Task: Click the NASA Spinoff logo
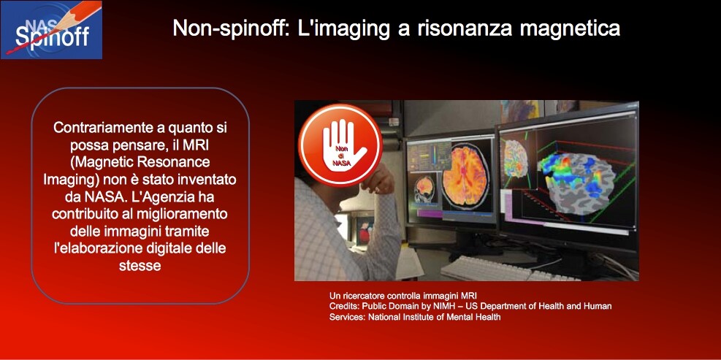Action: point(51,30)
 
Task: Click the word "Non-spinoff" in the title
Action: point(226,28)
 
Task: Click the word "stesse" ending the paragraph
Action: point(140,265)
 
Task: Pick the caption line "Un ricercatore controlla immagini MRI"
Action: point(400,296)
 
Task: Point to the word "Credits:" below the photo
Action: point(344,306)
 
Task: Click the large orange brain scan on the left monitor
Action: point(467,174)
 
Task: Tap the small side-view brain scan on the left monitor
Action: point(424,189)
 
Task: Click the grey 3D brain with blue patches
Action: point(579,183)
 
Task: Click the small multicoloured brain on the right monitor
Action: point(516,158)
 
